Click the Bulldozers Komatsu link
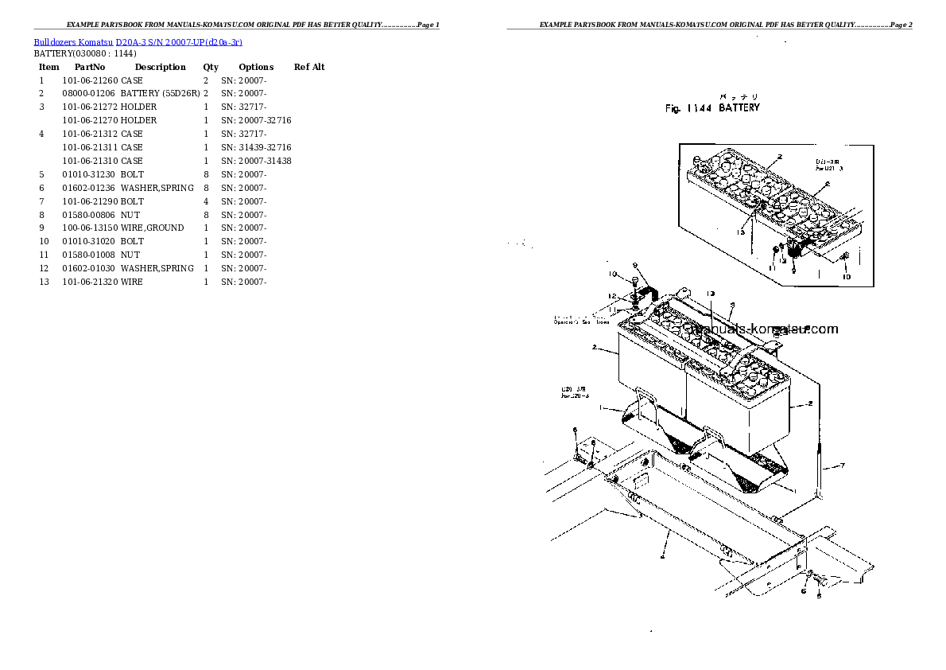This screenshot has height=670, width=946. [73, 41]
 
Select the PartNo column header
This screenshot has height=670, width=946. [90, 68]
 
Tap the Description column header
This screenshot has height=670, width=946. [160, 68]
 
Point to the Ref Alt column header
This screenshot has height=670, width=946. [309, 68]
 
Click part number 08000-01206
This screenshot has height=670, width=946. [87, 94]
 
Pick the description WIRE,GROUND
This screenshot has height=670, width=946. [152, 228]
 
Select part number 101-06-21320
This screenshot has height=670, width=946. [89, 282]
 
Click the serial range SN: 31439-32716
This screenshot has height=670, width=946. [256, 148]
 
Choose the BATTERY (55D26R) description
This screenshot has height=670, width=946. [160, 94]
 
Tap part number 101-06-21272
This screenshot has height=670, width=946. [89, 107]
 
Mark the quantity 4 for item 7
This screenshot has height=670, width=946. [206, 202]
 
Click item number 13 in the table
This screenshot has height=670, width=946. [45, 282]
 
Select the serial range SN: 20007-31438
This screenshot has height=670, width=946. [256, 162]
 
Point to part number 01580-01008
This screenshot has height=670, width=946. [87, 255]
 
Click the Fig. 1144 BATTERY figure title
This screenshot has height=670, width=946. [712, 108]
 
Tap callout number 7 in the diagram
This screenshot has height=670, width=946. [842, 465]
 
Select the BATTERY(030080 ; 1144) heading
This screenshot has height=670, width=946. [85, 54]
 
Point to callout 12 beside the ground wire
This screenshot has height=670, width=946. [611, 297]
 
